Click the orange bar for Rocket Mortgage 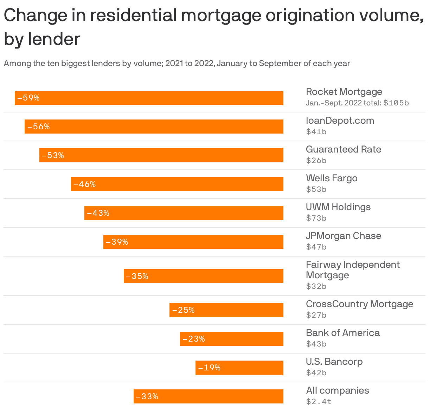point(149,98)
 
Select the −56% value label point(38,127)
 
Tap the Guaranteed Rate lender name point(343,149)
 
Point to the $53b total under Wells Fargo point(316,189)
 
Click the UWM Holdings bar point(184,213)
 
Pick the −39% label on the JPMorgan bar point(117,242)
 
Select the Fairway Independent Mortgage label point(352,270)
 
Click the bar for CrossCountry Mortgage point(226,310)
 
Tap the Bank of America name point(342,333)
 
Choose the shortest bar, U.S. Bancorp point(239,368)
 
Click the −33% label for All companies point(147,396)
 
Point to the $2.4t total point(319,402)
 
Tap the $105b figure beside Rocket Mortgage point(396,103)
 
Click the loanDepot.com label point(340,121)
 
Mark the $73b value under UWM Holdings point(316,218)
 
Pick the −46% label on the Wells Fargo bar point(84,184)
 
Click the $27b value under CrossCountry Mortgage point(316,315)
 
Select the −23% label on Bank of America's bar point(193,339)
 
